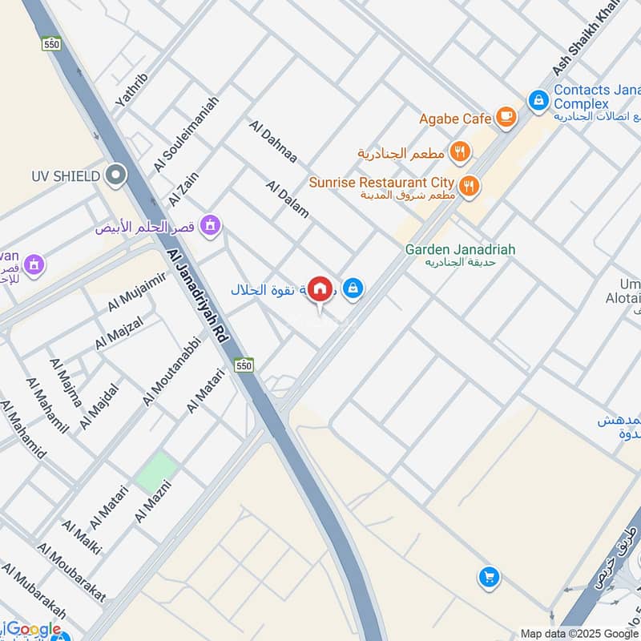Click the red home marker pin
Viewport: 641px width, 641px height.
(320, 288)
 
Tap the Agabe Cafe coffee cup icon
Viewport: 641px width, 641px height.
(506, 118)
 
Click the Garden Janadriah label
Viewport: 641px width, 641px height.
(460, 249)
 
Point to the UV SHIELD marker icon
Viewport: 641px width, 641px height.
(117, 174)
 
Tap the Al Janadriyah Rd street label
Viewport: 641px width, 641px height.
(199, 296)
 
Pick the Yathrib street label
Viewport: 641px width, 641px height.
(132, 90)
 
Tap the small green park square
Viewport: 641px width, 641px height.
(156, 472)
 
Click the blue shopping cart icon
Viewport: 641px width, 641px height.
(488, 576)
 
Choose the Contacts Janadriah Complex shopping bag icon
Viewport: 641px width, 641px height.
(538, 100)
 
